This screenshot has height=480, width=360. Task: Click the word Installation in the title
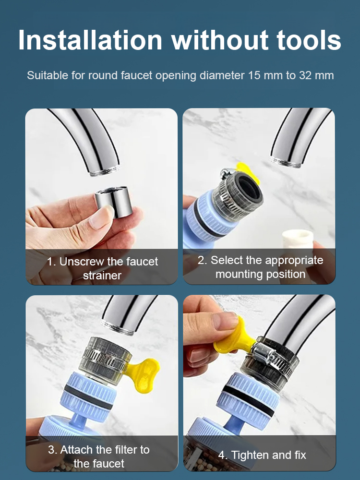coord(90,40)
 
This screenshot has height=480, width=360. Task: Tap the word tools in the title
coord(306,40)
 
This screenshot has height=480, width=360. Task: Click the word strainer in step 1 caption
coord(102,276)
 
